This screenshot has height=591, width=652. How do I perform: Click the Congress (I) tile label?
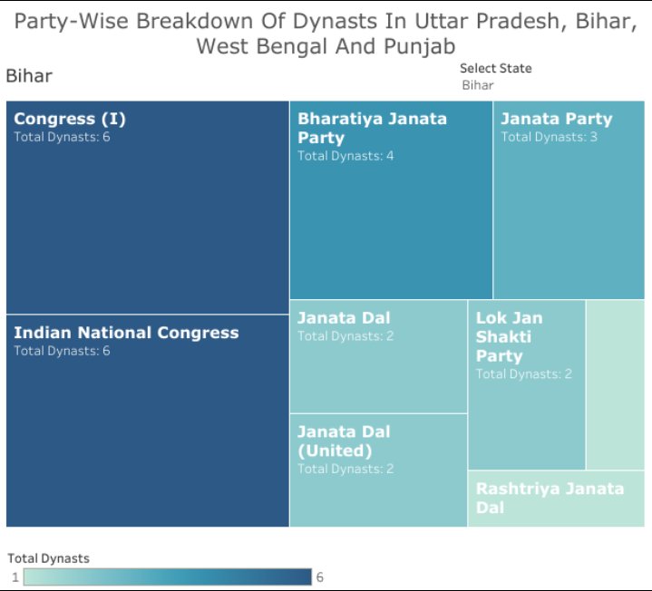(x=70, y=119)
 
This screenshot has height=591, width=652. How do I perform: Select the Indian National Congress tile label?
(x=126, y=333)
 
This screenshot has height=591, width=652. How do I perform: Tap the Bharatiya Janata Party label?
(x=372, y=128)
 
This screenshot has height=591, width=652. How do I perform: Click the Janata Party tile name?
(x=556, y=119)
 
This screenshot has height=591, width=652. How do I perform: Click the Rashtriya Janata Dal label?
(x=550, y=498)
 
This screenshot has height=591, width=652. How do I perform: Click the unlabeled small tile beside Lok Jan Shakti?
(x=615, y=384)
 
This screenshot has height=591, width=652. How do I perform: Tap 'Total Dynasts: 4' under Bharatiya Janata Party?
(x=345, y=156)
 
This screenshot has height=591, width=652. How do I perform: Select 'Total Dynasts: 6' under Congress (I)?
(x=62, y=137)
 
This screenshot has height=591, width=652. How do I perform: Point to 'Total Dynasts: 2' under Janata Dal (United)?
(x=345, y=469)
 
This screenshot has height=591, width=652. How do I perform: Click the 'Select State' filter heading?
(x=495, y=68)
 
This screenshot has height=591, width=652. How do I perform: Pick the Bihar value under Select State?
(x=478, y=85)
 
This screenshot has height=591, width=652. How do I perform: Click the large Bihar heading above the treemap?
(x=29, y=76)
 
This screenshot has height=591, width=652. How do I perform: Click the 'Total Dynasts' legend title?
(x=48, y=558)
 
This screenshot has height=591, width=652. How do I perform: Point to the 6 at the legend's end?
(x=318, y=577)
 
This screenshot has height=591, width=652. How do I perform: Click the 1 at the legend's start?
(x=15, y=577)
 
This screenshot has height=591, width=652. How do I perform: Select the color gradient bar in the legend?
(x=168, y=577)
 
